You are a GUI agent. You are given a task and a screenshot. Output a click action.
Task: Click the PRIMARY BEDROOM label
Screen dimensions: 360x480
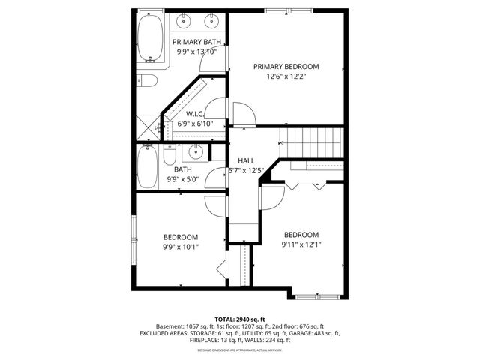(x=286, y=66)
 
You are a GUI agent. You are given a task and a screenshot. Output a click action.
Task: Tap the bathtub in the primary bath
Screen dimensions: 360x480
(x=149, y=38)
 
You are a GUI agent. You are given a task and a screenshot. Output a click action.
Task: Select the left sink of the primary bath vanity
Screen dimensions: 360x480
(x=185, y=21)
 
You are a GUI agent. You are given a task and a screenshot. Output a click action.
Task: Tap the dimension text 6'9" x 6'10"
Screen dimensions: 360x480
(x=195, y=124)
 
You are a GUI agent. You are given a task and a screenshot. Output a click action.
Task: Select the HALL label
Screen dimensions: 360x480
(x=247, y=161)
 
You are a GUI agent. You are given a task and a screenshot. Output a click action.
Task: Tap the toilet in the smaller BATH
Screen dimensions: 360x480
(x=170, y=156)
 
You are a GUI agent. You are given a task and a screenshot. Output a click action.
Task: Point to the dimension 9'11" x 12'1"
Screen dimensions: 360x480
(x=301, y=244)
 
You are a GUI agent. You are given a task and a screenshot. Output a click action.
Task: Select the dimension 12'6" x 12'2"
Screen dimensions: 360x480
(x=286, y=76)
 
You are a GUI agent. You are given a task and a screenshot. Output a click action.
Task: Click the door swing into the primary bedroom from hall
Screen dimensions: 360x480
(x=242, y=113)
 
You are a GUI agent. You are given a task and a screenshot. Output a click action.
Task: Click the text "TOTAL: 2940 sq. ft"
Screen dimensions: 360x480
(x=239, y=319)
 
